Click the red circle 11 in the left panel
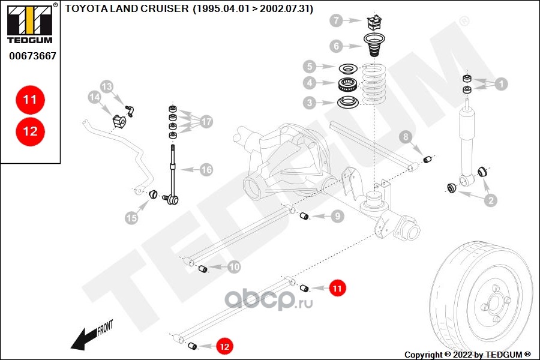click(x=30, y=100)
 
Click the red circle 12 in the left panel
click(x=30, y=131)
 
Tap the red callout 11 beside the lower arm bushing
click(x=337, y=289)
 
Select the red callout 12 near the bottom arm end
click(x=224, y=346)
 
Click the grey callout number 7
click(x=337, y=21)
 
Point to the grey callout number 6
click(x=337, y=46)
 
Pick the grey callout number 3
click(x=310, y=103)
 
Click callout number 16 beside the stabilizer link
click(x=206, y=170)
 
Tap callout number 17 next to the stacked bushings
click(x=206, y=122)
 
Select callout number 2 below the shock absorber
click(x=491, y=201)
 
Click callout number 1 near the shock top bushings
click(x=500, y=85)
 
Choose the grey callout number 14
click(x=94, y=97)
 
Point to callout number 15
click(x=131, y=218)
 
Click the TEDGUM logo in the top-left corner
click(x=30, y=24)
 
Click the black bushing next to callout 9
click(x=304, y=216)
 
